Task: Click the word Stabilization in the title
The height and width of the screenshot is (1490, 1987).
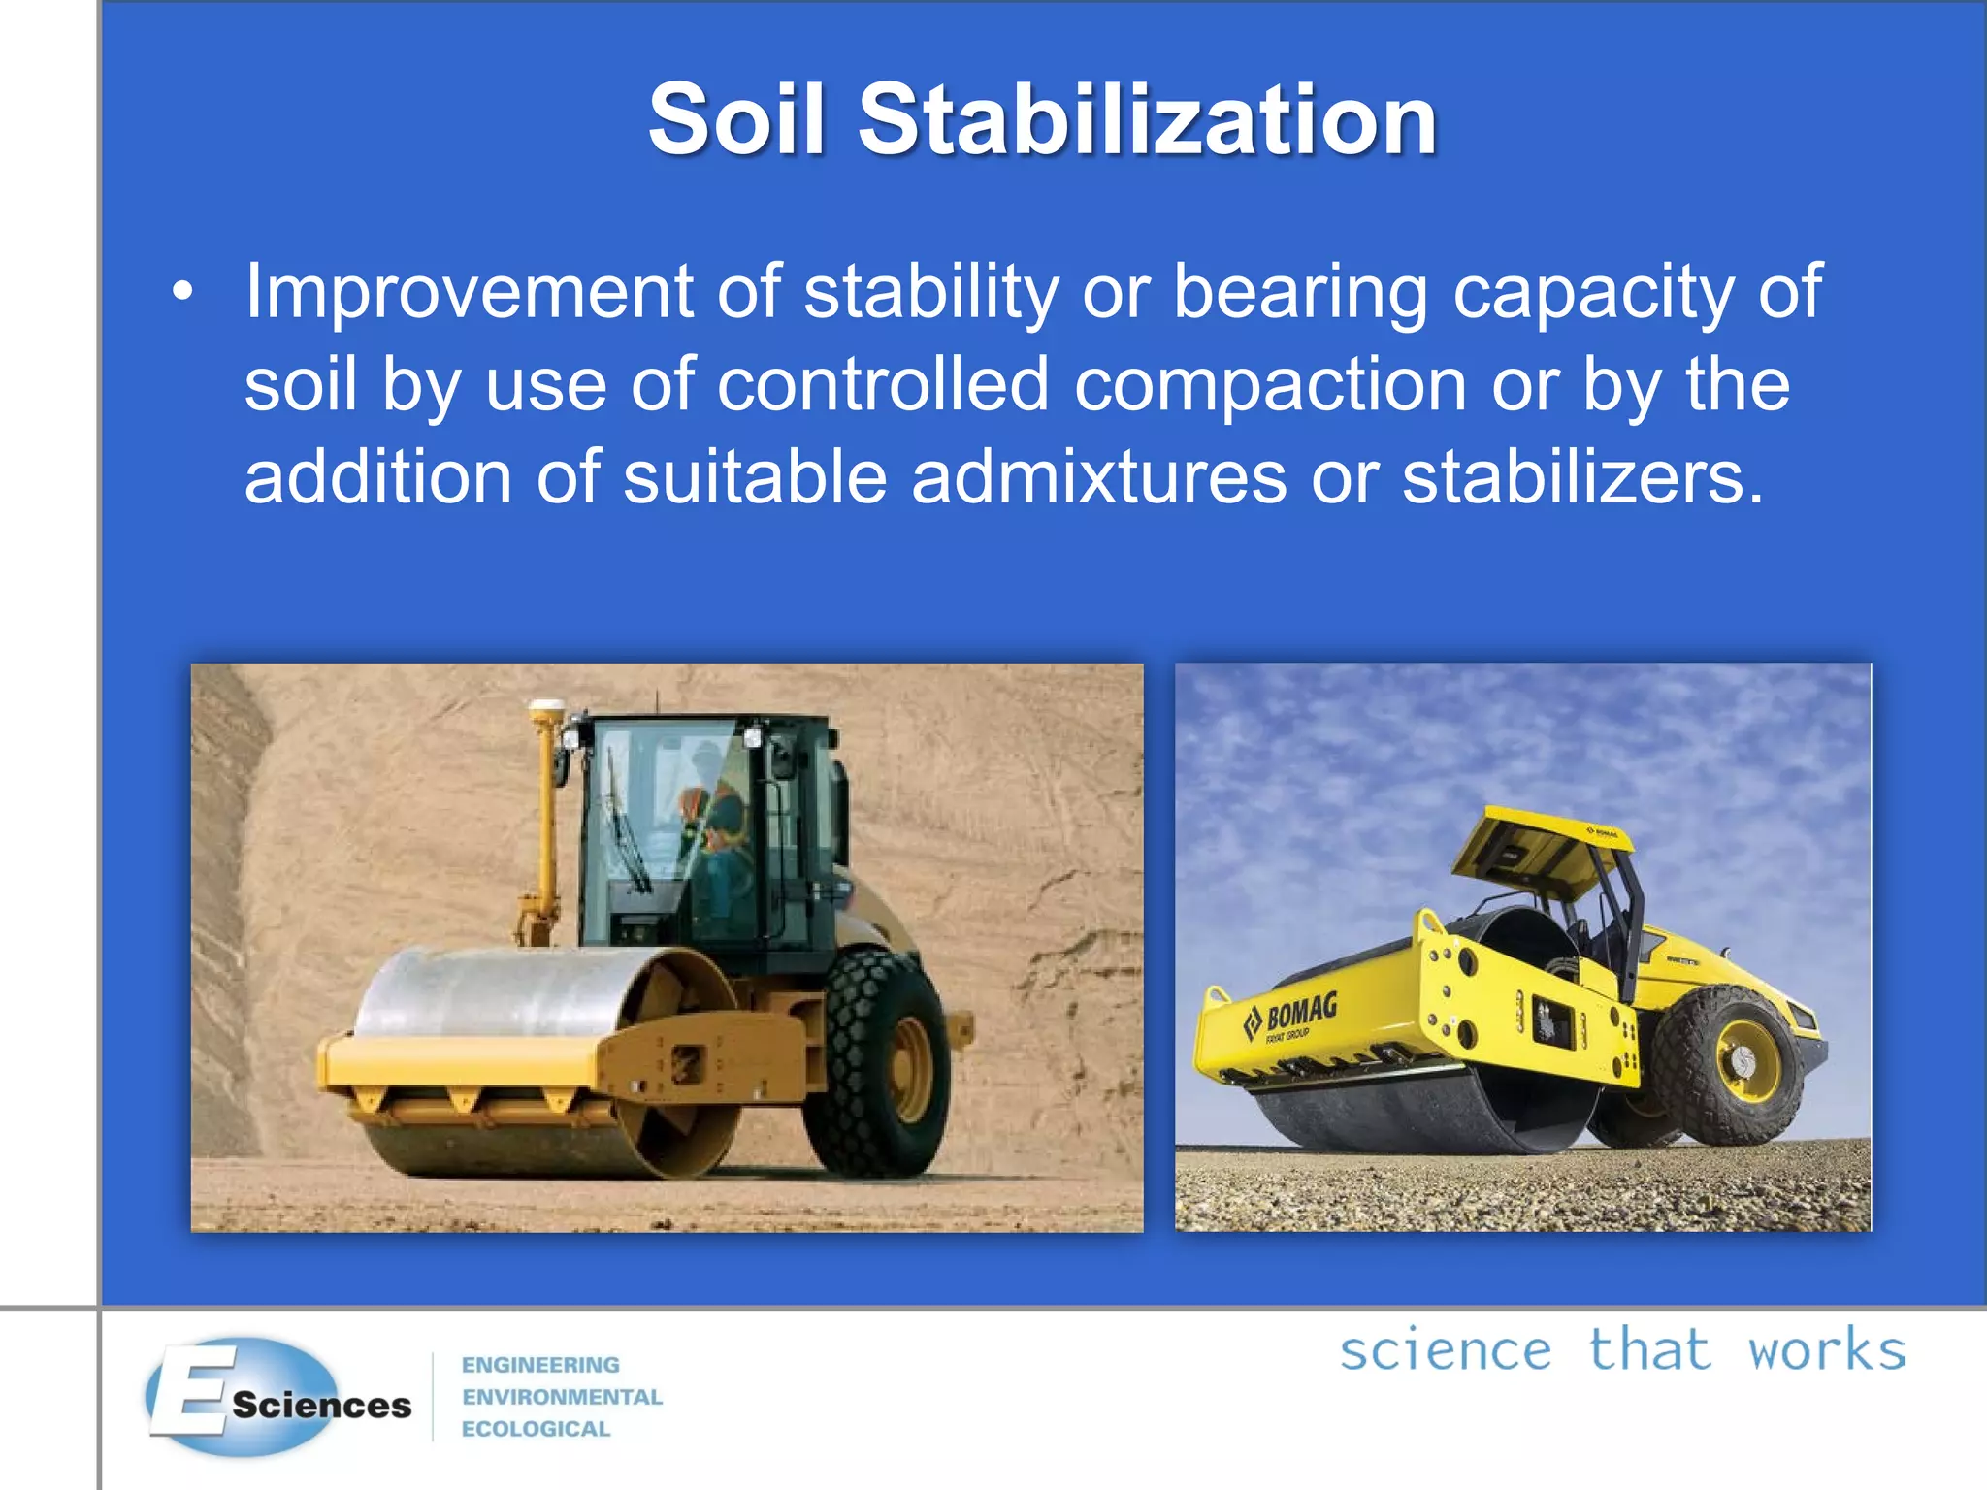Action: pyautogui.click(x=1147, y=120)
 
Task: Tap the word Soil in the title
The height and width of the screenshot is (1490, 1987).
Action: pyautogui.click(x=736, y=120)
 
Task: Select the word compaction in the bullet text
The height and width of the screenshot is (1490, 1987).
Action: pyautogui.click(x=1270, y=385)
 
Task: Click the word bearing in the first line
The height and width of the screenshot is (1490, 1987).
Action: pyautogui.click(x=1300, y=291)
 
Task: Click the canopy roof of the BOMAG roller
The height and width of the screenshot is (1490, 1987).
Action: pyautogui.click(x=1543, y=849)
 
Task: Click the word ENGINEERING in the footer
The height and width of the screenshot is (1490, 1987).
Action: pyautogui.click(x=540, y=1365)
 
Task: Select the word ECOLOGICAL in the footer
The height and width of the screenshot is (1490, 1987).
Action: pyautogui.click(x=536, y=1429)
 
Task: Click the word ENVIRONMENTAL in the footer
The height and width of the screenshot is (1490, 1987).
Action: pyautogui.click(x=562, y=1397)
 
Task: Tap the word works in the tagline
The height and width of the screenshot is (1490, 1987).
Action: pyautogui.click(x=1826, y=1350)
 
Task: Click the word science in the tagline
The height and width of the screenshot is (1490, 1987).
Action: pyautogui.click(x=1446, y=1350)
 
